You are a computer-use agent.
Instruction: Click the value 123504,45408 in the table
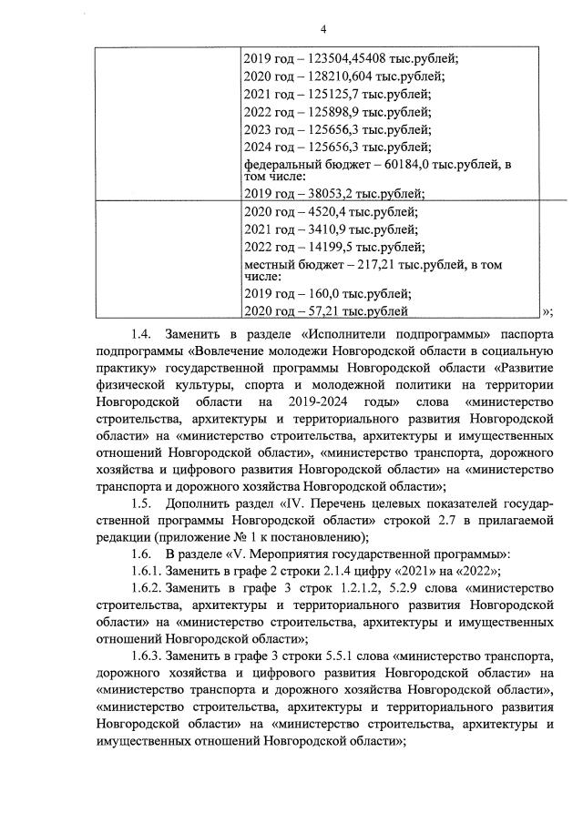pos(339,60)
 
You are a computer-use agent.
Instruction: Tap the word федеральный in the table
pos(281,165)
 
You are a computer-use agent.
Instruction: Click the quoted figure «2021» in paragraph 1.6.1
pos(407,572)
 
